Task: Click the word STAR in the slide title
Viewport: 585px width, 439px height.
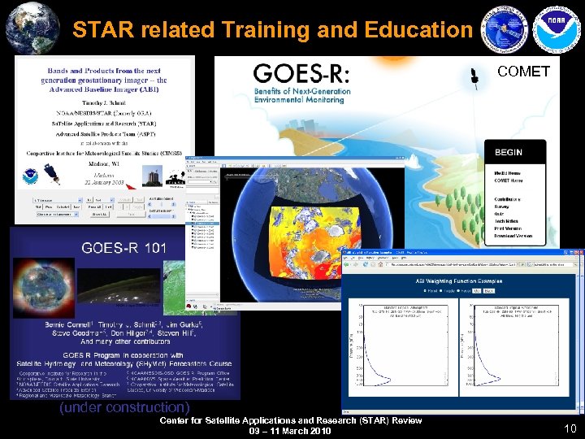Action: click(97, 30)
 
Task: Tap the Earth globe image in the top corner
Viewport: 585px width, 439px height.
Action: click(33, 27)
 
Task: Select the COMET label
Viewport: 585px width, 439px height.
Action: click(523, 72)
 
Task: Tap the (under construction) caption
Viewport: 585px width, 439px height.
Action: click(125, 406)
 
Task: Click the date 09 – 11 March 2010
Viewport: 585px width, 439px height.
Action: click(290, 431)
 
